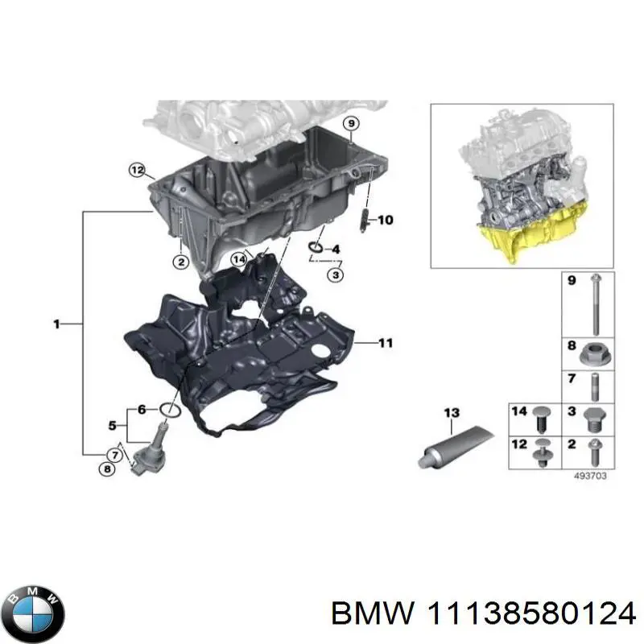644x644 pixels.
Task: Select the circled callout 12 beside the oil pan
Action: [x=137, y=170]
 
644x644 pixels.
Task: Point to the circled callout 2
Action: [x=180, y=261]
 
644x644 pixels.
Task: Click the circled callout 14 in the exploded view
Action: [x=238, y=259]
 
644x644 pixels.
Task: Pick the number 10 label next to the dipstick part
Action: [x=386, y=220]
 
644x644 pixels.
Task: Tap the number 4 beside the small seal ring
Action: [x=336, y=249]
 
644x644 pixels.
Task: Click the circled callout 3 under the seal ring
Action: [x=336, y=275]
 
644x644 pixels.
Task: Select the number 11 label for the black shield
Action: [x=386, y=343]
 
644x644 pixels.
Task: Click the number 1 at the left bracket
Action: [x=56, y=324]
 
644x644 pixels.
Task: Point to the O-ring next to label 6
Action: [x=169, y=411]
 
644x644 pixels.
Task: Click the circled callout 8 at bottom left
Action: [x=107, y=469]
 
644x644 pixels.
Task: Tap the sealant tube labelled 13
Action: [x=456, y=446]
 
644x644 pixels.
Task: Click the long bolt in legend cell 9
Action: [x=595, y=305]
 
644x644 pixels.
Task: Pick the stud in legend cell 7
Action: [x=595, y=387]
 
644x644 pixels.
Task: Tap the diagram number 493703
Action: [x=590, y=476]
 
